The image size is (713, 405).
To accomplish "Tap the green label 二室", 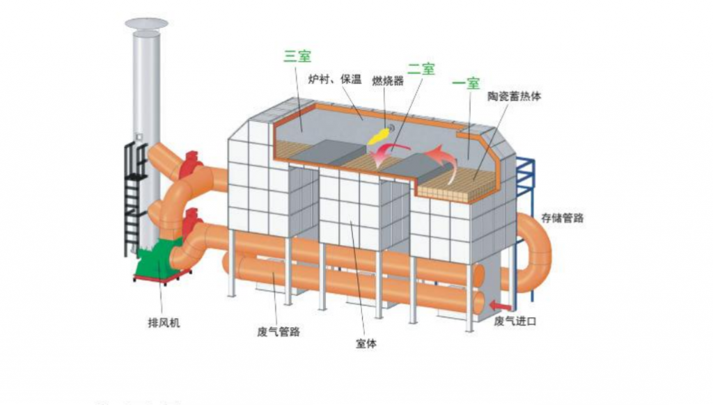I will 421,68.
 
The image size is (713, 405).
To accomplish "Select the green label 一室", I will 466,84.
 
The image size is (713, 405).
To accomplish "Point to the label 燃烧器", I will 388,81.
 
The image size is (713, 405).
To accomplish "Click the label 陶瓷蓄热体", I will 515,97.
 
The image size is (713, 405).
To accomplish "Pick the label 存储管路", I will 562,218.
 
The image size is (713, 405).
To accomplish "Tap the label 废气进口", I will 515,321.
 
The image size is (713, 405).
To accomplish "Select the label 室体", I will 366,343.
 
